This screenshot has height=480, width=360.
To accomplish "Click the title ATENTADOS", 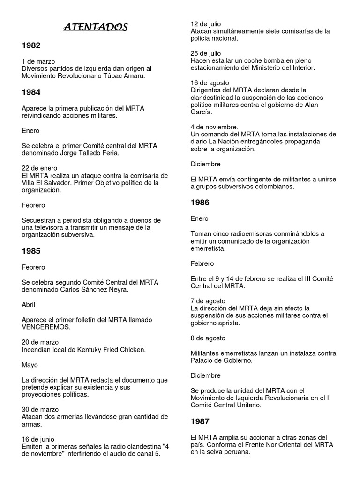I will click(95, 28).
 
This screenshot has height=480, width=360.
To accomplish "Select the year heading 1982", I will click(31, 45).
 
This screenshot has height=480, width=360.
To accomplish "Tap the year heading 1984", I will click(31, 92).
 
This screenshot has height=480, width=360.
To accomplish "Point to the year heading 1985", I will click(31, 251).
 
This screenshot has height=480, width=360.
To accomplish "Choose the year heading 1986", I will click(200, 202).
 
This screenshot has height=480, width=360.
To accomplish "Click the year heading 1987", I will click(200, 421).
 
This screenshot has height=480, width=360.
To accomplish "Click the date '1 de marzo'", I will click(38, 61).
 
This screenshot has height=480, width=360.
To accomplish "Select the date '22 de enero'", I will click(39, 168).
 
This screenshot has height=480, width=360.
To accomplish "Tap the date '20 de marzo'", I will click(40, 342).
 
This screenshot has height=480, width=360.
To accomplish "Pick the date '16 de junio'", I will click(38, 439).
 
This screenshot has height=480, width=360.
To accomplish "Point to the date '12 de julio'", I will click(206, 24).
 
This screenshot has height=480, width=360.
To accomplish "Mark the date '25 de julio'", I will click(206, 53).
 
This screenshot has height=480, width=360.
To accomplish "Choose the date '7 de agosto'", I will click(208, 300).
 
